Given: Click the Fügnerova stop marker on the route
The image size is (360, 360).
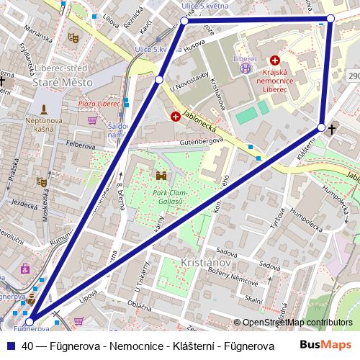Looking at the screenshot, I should coord(30,314).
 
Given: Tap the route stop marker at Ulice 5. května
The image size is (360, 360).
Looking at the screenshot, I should coord(184,22).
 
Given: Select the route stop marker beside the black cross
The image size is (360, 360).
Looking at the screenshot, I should coord(321,127).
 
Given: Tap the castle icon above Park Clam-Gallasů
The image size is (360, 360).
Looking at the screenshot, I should coord(160,176).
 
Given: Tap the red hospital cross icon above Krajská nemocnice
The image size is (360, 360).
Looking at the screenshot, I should coord(274,61).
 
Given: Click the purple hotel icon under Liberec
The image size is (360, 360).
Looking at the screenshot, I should coord(246,68).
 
